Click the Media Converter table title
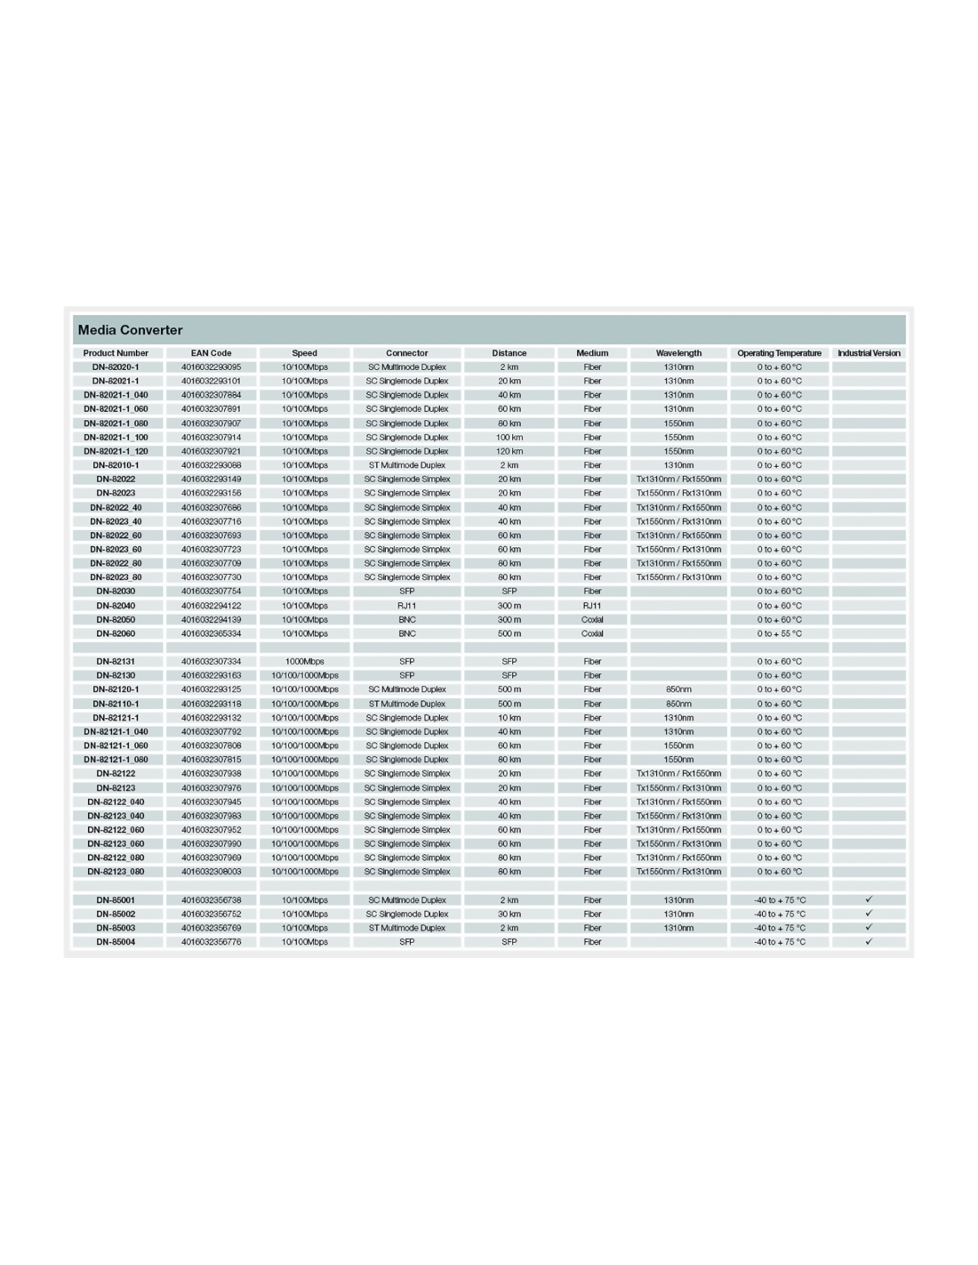130,330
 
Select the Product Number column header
116,353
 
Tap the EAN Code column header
211,353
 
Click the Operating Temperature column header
779,353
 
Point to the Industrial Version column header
869,353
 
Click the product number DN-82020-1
116,367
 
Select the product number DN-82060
116,633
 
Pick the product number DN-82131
116,661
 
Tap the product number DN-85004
116,941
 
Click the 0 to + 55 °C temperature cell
779,633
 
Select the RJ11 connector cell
406,606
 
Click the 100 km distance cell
509,437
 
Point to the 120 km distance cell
509,451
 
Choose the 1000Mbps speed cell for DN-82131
304,661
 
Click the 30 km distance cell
509,914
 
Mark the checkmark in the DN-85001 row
869,899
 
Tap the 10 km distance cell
509,718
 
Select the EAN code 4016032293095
211,367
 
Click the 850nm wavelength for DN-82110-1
678,704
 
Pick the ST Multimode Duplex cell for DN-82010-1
406,465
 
